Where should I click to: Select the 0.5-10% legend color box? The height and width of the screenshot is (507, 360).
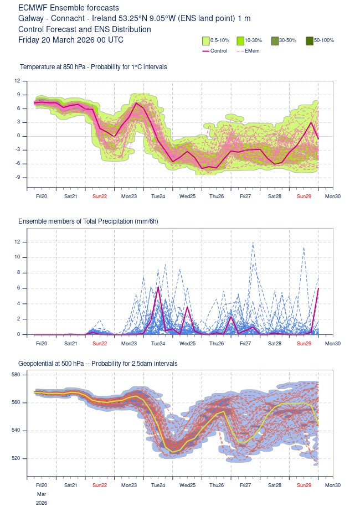pyautogui.click(x=205, y=40)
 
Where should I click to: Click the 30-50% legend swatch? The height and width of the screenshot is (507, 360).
pyautogui.click(x=275, y=40)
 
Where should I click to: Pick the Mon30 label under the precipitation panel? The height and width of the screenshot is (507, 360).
pyautogui.click(x=332, y=344)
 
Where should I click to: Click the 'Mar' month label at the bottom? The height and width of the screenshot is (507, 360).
pyautogui.click(x=42, y=493)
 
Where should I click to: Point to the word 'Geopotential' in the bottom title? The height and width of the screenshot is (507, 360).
pyautogui.click(x=38, y=363)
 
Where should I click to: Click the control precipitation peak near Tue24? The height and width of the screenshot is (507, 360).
pyautogui.click(x=158, y=287)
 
